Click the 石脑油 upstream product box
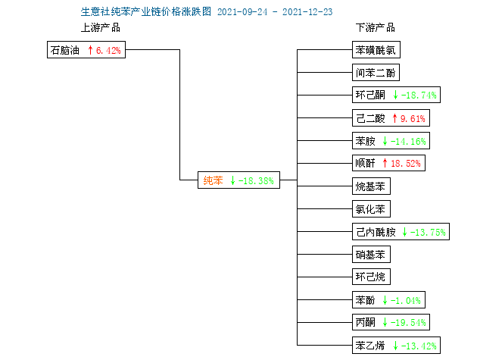[x=86, y=50]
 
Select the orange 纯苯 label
[x=213, y=180]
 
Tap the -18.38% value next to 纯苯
[x=256, y=181]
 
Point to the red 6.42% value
[x=108, y=50]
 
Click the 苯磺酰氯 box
[x=376, y=50]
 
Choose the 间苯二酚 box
[x=376, y=73]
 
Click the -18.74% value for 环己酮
[x=419, y=95]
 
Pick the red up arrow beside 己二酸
[x=394, y=118]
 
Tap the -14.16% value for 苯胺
[x=408, y=141]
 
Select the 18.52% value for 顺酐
[x=406, y=164]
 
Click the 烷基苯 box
[x=371, y=186]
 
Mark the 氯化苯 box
[x=371, y=208]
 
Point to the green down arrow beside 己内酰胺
[x=404, y=232]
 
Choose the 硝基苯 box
[x=371, y=255]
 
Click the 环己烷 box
[x=371, y=277]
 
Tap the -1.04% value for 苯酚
[x=406, y=301]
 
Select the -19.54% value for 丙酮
[x=408, y=323]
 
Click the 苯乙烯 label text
[x=370, y=346]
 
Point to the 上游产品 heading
[x=101, y=27]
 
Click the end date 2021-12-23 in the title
[x=307, y=12]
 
